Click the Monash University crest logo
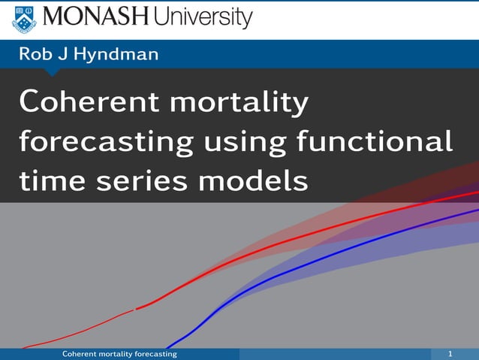click(x=23, y=18)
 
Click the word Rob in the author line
click(x=35, y=55)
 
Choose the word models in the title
click(x=254, y=181)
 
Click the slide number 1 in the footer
click(x=450, y=353)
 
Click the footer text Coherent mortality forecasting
click(x=119, y=353)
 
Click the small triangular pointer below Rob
click(x=53, y=72)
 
